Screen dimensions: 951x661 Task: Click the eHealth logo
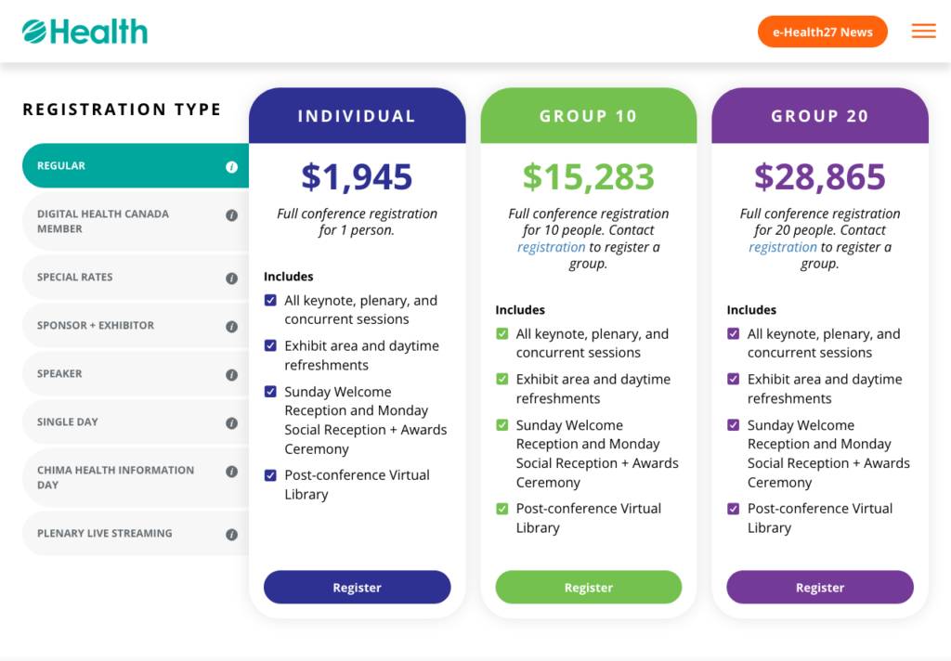coord(85,32)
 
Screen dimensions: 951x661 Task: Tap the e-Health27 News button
coord(823,32)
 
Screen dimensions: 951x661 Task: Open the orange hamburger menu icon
coord(923,31)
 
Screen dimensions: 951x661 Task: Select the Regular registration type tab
coord(136,165)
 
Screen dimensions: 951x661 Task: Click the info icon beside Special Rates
coord(231,279)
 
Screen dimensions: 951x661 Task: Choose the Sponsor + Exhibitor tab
coord(136,326)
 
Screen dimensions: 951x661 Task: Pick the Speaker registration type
coord(136,374)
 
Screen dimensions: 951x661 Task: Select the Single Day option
coord(136,422)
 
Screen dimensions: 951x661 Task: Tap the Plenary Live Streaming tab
coord(136,534)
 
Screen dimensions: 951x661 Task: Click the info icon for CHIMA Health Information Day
coord(231,472)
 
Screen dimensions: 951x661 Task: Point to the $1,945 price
coord(357,177)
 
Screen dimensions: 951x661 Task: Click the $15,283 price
coord(588,177)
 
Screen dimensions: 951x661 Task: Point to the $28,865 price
coord(820,177)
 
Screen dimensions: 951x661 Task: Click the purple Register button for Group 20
coord(820,587)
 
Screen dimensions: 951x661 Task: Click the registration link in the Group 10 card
coord(552,248)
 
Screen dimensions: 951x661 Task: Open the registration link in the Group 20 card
coord(782,248)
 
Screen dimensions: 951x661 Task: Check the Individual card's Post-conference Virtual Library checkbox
coord(270,475)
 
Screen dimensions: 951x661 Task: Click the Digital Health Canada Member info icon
coord(231,215)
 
